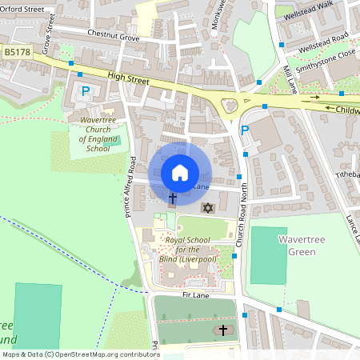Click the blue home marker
pyautogui.click(x=180, y=172)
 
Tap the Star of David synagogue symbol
pyautogui.click(x=209, y=208)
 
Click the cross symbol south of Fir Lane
pyautogui.click(x=222, y=330)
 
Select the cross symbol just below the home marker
pyautogui.click(x=172, y=198)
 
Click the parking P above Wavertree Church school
pyautogui.click(x=86, y=91)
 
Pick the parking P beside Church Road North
pyautogui.click(x=246, y=131)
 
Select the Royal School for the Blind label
pyautogui.click(x=191, y=250)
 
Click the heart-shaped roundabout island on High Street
pyautogui.click(x=230, y=104)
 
